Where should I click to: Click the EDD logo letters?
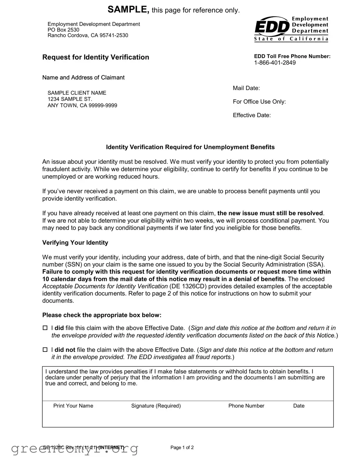271,27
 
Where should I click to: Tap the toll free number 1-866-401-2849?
275,63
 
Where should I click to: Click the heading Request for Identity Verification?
96,57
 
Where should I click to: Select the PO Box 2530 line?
63,30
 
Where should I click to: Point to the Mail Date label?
246,88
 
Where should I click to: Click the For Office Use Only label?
259,102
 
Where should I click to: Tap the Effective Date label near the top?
252,115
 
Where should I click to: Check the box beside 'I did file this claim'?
45,328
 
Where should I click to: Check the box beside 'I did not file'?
45,350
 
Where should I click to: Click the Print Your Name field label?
73,406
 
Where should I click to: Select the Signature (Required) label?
156,406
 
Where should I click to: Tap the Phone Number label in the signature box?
246,406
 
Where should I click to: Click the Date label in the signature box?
299,406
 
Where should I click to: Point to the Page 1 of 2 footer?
182,447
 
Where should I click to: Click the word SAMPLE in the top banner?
128,9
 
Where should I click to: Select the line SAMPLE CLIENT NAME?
77,93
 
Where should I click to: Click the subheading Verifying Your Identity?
75,242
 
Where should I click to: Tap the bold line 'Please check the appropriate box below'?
102,315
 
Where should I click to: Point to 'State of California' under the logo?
291,39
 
